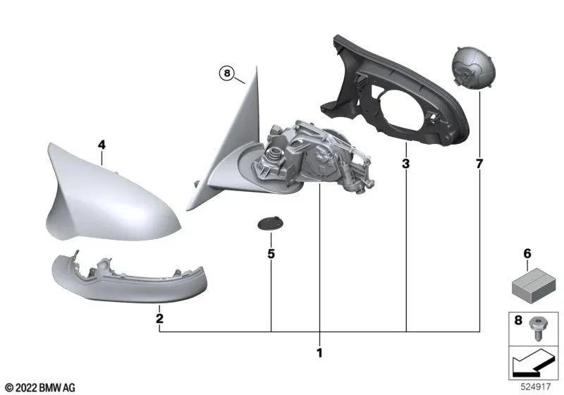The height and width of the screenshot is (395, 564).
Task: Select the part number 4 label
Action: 102,145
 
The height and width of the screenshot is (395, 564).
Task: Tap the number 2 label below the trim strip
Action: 160,319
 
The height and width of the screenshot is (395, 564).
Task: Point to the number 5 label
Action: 271,252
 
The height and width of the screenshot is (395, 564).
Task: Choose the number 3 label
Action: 406,164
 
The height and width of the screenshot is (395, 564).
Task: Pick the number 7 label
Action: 480,164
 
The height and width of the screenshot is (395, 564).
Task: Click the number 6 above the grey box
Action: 527,253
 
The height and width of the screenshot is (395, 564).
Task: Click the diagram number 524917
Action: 537,387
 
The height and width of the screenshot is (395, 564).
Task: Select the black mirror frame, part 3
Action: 395,99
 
